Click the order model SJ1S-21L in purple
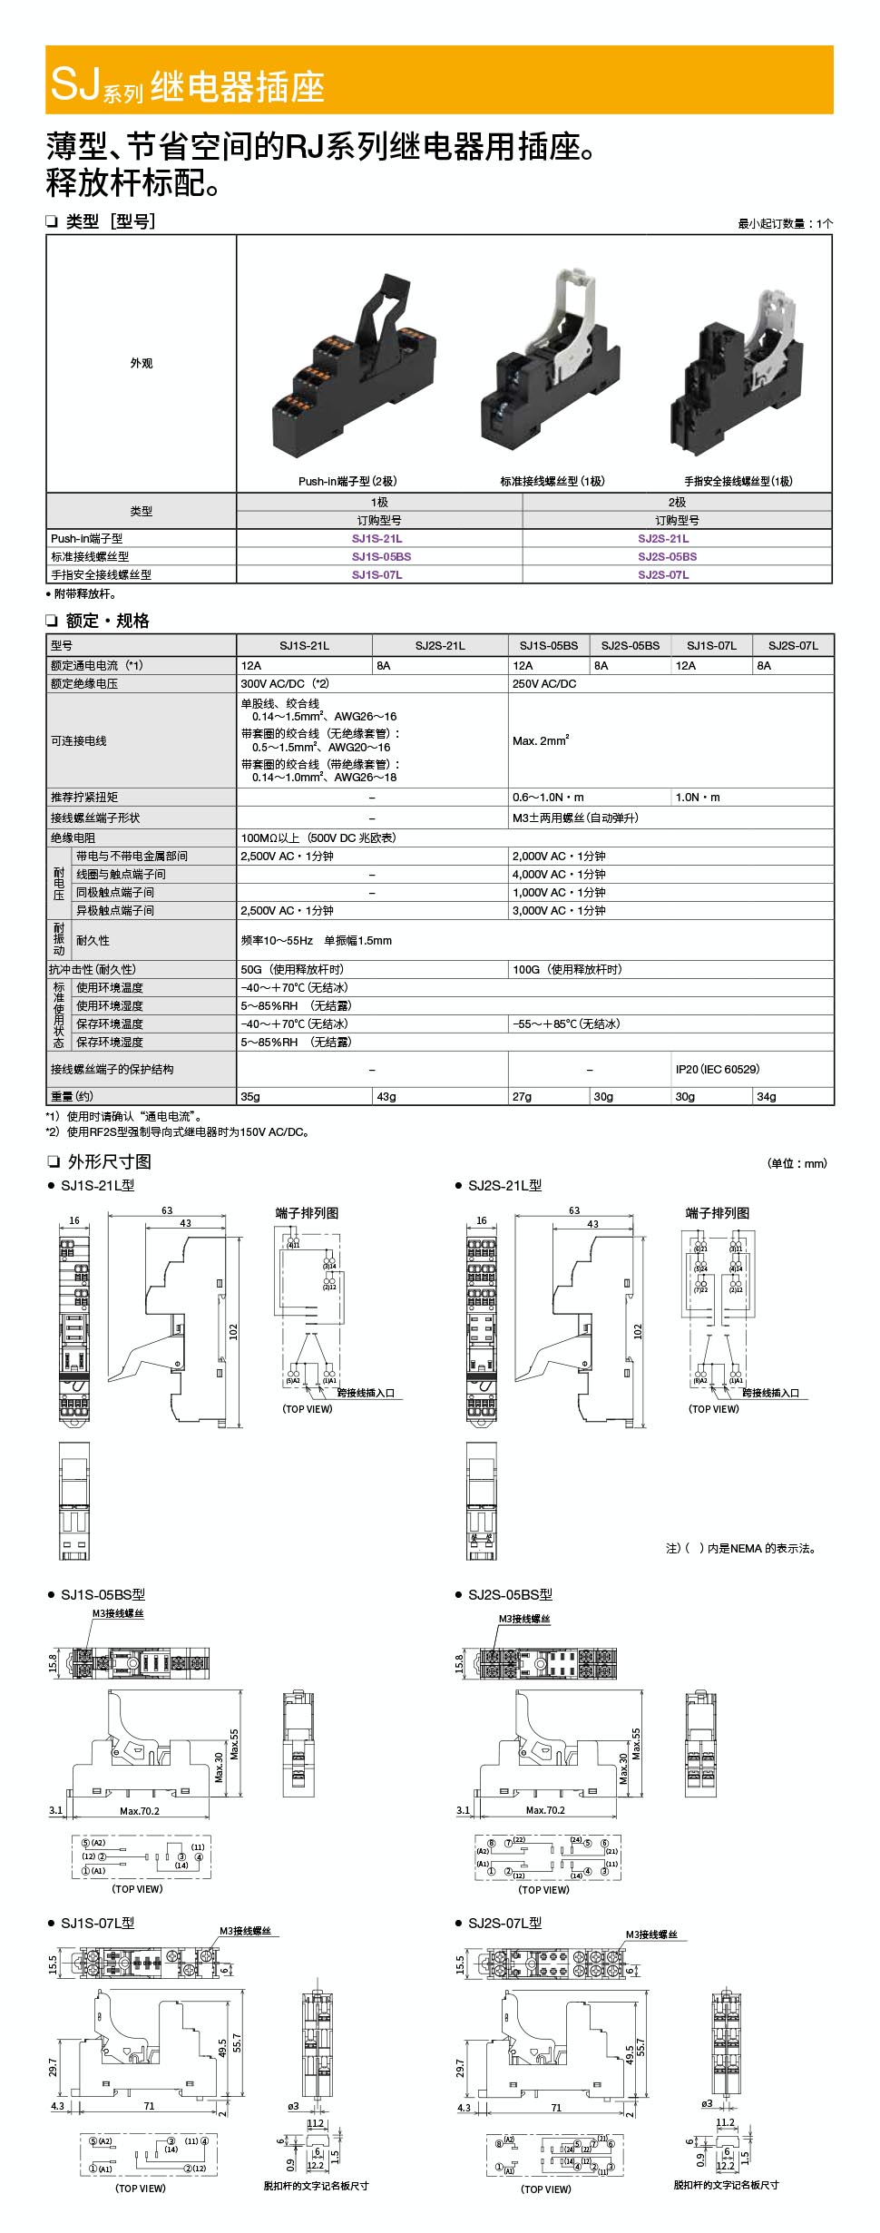click(x=377, y=539)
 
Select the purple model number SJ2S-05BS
click(x=667, y=557)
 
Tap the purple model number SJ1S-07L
click(x=377, y=575)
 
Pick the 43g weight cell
click(x=387, y=1097)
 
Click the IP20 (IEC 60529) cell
click(x=718, y=1070)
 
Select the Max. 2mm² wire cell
click(x=541, y=741)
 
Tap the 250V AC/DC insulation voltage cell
click(x=544, y=684)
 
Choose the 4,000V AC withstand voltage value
click(x=559, y=875)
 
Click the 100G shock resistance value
click(x=567, y=970)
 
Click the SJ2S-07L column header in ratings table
click(x=793, y=646)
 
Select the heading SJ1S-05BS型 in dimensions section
click(x=103, y=1594)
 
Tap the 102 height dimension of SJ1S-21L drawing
click(x=233, y=1331)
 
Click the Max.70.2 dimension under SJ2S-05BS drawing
click(x=545, y=1810)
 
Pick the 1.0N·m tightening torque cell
click(x=698, y=798)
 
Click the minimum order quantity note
click(x=785, y=224)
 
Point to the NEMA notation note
click(x=742, y=1549)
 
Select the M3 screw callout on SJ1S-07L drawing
click(x=245, y=1932)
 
